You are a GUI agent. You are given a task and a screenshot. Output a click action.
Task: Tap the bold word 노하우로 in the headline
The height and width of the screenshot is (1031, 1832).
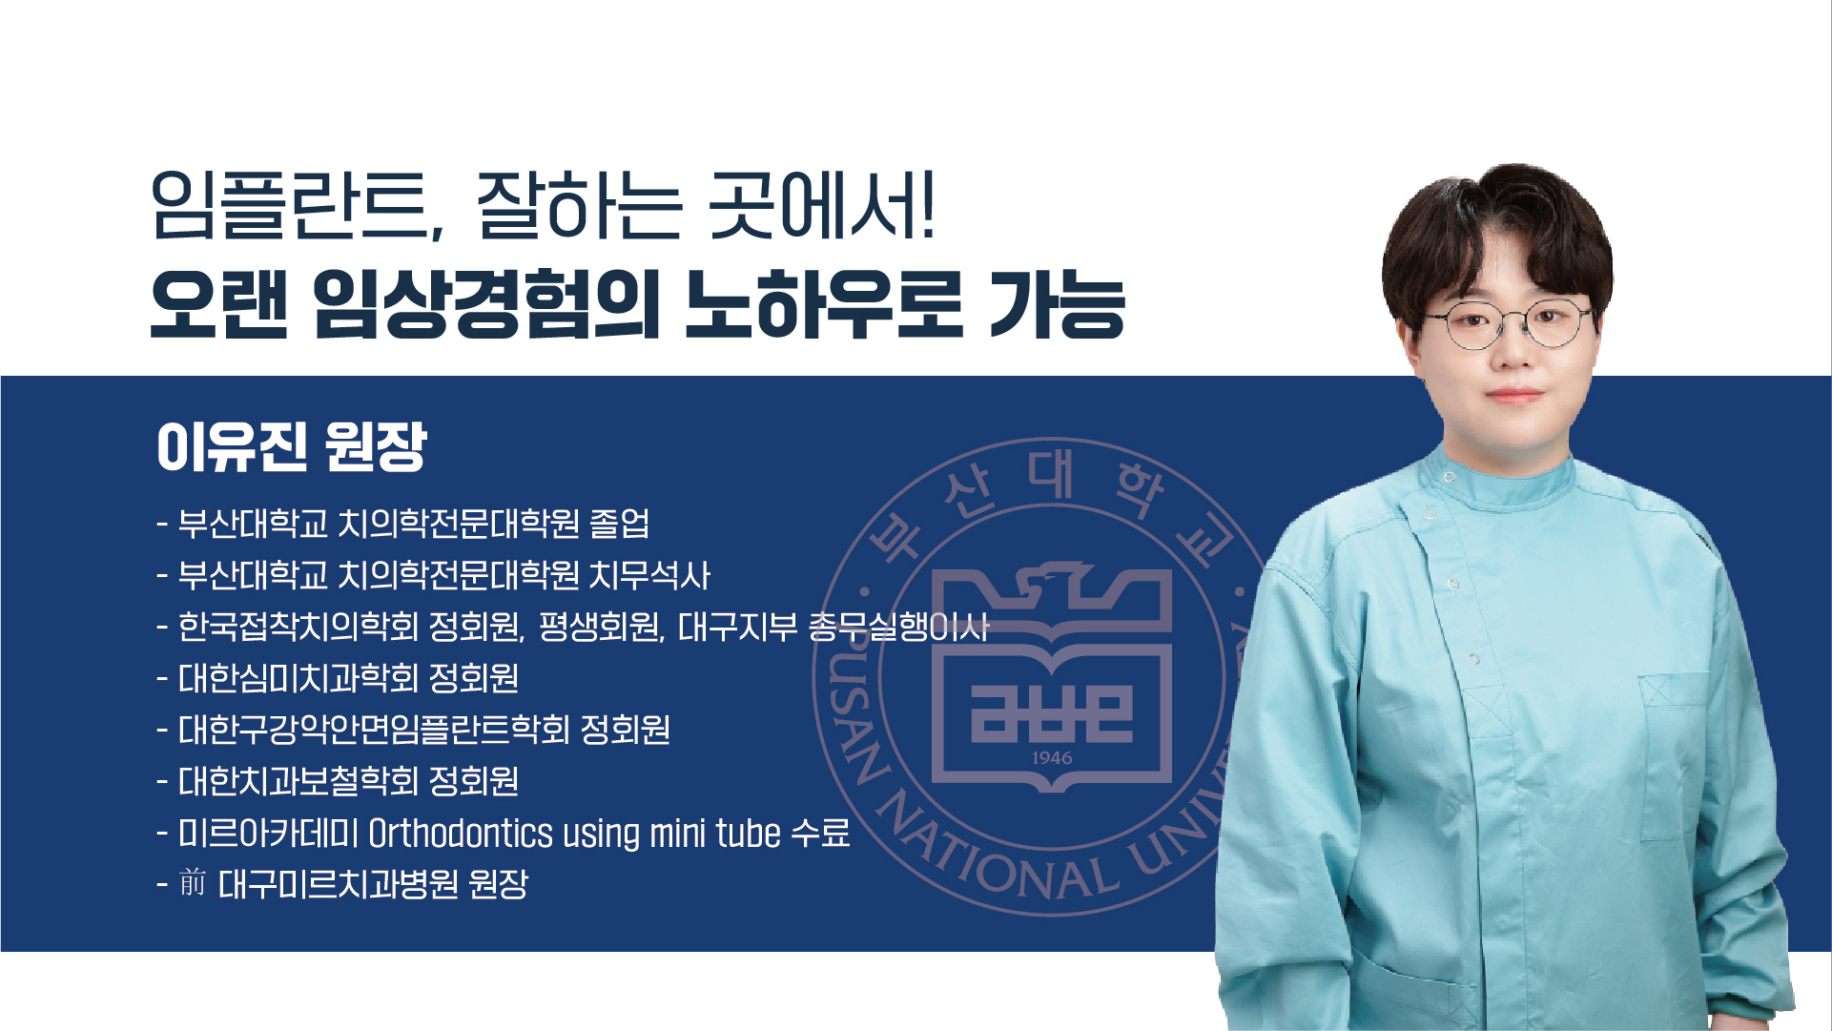pyautogui.click(x=825, y=306)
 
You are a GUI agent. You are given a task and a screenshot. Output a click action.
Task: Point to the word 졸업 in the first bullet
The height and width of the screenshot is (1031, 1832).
pyautogui.click(x=620, y=524)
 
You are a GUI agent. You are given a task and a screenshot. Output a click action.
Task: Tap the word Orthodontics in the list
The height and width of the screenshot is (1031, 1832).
pyautogui.click(x=461, y=834)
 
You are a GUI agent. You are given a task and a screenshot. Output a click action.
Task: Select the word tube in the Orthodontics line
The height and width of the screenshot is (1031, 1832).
pyautogui.click(x=749, y=834)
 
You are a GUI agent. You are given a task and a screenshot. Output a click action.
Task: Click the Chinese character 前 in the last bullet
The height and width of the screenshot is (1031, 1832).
pyautogui.click(x=193, y=883)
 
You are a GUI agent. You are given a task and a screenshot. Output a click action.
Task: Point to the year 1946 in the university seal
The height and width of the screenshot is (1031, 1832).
pyautogui.click(x=1052, y=758)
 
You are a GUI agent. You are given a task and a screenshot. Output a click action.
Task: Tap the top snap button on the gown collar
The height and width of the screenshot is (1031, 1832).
pyautogui.click(x=1449, y=477)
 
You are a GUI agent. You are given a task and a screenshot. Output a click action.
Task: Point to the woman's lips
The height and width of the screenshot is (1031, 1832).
pyautogui.click(x=1513, y=395)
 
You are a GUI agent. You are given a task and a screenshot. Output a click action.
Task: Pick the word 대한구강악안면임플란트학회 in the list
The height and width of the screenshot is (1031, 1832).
pyautogui.click(x=374, y=731)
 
